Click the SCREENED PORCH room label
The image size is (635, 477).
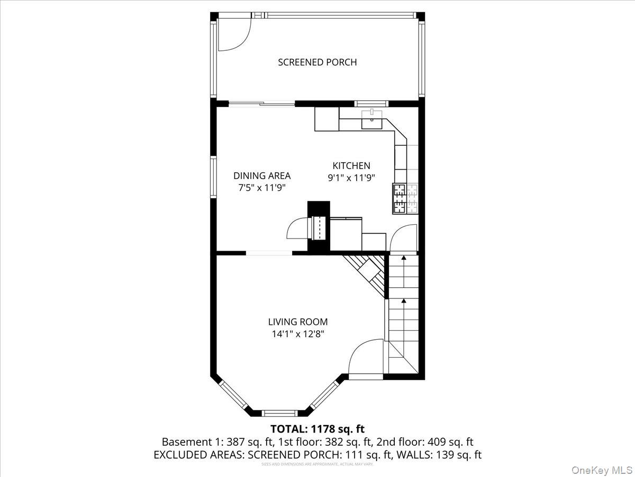(x=317, y=62)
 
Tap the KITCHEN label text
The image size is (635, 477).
(x=351, y=165)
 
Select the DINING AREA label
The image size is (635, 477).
(x=262, y=175)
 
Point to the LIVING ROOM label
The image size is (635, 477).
(x=297, y=322)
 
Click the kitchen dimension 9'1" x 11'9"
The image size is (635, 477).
(x=351, y=178)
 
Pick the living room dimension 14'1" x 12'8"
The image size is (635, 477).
(x=297, y=334)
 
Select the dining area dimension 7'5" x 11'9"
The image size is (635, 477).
(x=262, y=188)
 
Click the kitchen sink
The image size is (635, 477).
(x=373, y=121)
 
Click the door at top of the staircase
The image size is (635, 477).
(x=403, y=237)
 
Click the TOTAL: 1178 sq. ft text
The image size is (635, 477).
(x=317, y=429)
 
